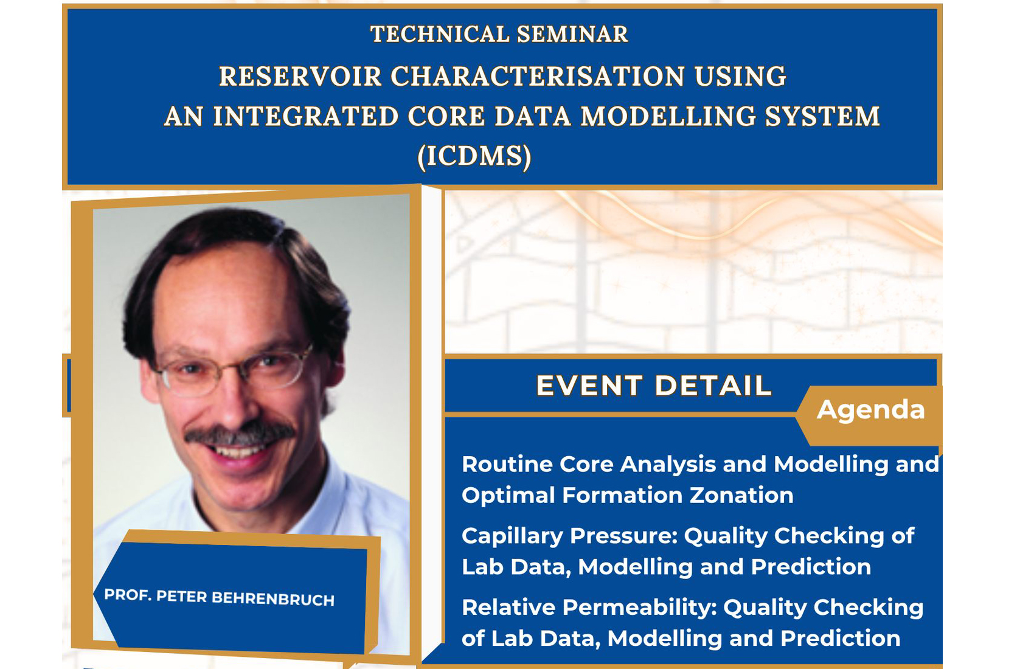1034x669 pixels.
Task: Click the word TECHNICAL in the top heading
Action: click(439, 34)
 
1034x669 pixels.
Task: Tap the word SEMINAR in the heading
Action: click(572, 34)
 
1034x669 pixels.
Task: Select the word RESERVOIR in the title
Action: click(300, 76)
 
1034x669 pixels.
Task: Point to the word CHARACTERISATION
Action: click(537, 76)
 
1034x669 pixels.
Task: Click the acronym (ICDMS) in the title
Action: click(474, 156)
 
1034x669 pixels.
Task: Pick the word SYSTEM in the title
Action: click(822, 116)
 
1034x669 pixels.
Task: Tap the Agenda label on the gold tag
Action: click(870, 409)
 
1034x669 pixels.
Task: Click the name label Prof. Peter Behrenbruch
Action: click(219, 597)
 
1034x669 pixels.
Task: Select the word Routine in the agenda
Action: click(507, 464)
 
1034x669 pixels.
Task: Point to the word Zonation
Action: click(741, 496)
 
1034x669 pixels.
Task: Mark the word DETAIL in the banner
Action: click(713, 386)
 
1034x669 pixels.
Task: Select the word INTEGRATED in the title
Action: click(305, 116)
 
